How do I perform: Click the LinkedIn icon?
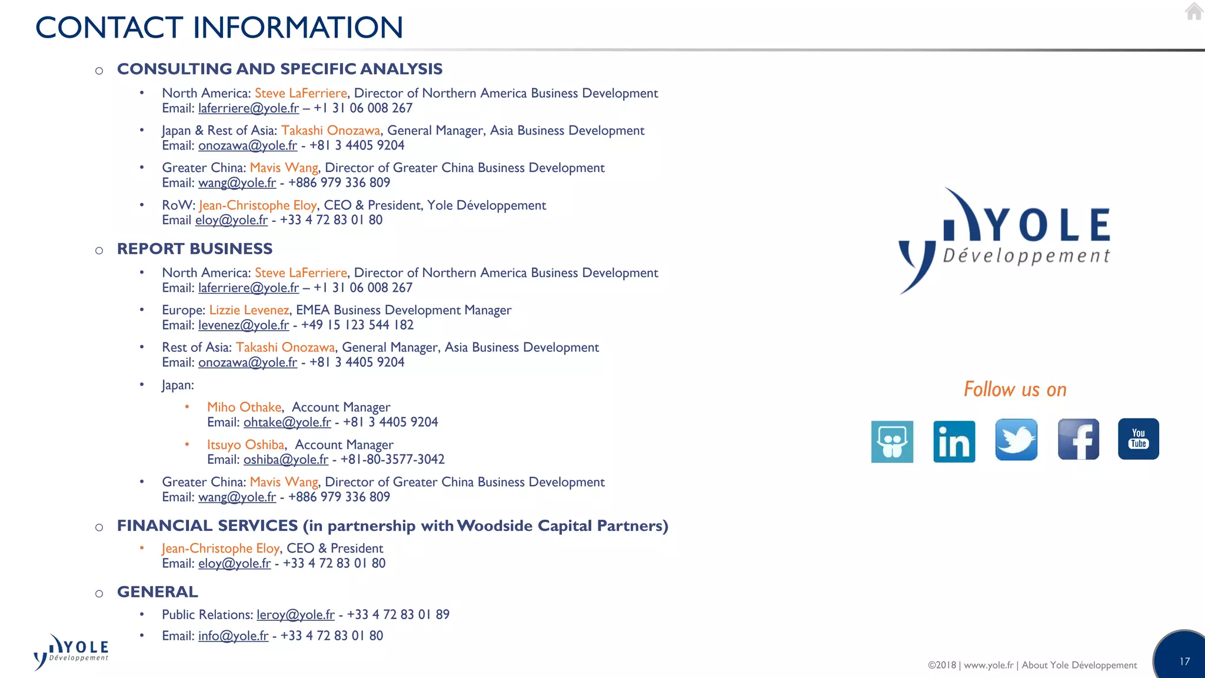coord(954,441)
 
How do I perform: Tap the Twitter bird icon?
coord(1016,440)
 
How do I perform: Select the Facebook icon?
coord(1078,440)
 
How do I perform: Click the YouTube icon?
coord(1138,439)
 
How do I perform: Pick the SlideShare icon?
coord(892,441)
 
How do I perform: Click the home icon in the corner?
coord(1193,11)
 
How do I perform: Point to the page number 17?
coord(1184,662)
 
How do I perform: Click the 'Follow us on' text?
coord(1014,390)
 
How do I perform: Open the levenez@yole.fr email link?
coord(244,325)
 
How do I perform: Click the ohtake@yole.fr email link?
coord(287,423)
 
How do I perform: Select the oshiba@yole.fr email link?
coord(286,460)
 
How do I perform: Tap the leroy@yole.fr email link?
coord(295,615)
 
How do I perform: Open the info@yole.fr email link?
coord(233,636)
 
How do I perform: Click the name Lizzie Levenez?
coord(249,310)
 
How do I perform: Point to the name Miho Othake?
coord(244,407)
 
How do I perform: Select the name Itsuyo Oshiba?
coord(245,445)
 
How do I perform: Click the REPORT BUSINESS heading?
coord(195,249)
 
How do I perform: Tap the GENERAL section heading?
coord(158,592)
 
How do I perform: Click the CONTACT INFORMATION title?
coord(219,28)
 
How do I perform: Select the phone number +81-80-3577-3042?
coord(392,460)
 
